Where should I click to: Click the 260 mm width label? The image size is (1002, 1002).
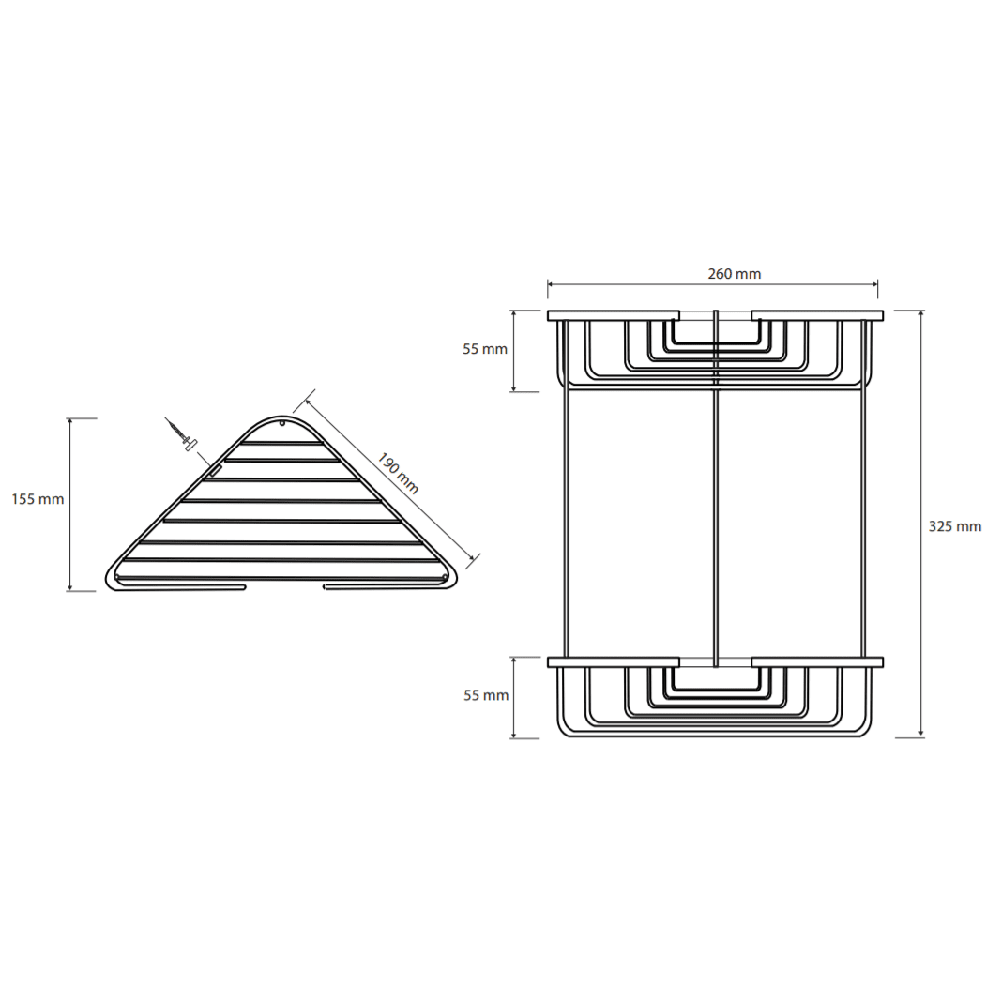click(735, 274)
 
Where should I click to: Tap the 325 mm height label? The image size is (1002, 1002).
click(955, 526)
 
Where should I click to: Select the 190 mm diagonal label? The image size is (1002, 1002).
click(398, 474)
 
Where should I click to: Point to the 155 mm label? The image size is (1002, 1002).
click(38, 499)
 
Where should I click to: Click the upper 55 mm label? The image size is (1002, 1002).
click(485, 349)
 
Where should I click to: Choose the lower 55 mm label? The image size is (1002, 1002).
click(486, 695)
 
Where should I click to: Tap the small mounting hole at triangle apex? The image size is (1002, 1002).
click(282, 422)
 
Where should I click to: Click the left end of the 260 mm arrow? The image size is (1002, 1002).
click(548, 284)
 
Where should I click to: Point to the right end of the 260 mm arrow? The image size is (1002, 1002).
click(877, 284)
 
